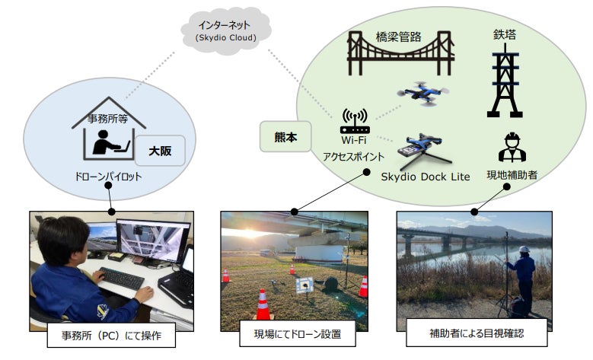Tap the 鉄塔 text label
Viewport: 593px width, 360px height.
click(x=504, y=34)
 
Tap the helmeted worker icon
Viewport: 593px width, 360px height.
click(x=512, y=148)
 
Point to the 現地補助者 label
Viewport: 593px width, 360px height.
click(x=512, y=176)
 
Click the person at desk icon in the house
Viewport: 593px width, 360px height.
click(x=104, y=143)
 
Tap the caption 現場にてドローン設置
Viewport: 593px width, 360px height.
click(x=294, y=333)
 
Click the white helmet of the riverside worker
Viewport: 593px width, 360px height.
click(x=524, y=249)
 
